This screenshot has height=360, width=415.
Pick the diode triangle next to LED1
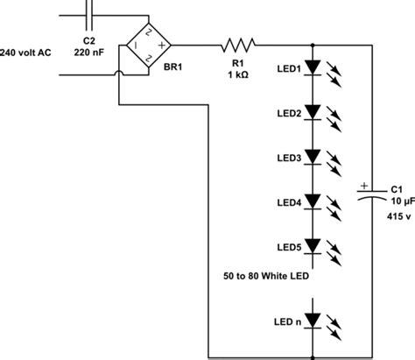click(x=313, y=69)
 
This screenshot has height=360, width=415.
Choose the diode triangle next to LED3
click(x=313, y=159)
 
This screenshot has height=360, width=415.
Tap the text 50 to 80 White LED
click(x=267, y=275)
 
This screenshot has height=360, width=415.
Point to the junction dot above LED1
click(x=313, y=44)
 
